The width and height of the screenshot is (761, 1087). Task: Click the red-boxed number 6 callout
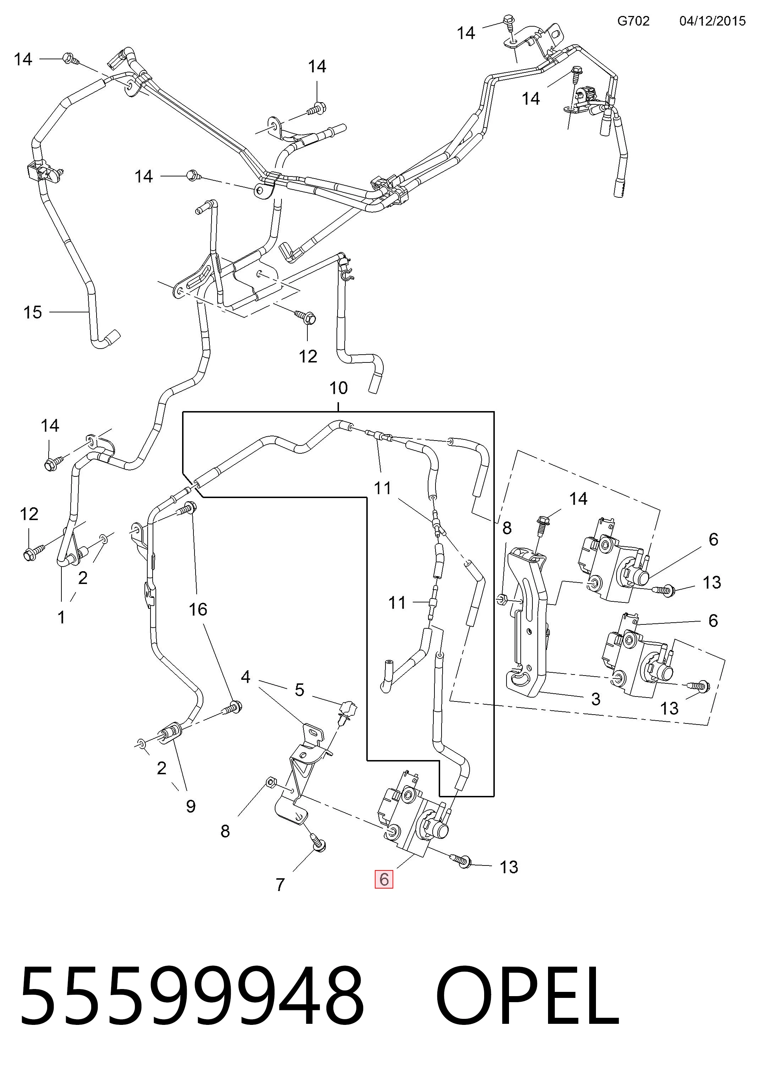384,879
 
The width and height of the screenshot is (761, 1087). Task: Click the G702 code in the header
633,21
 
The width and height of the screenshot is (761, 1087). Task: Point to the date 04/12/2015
712,21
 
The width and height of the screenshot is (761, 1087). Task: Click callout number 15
33,312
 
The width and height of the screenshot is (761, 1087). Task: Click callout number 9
191,806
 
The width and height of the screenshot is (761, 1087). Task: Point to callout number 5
299,690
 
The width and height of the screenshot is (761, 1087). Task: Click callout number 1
61,617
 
